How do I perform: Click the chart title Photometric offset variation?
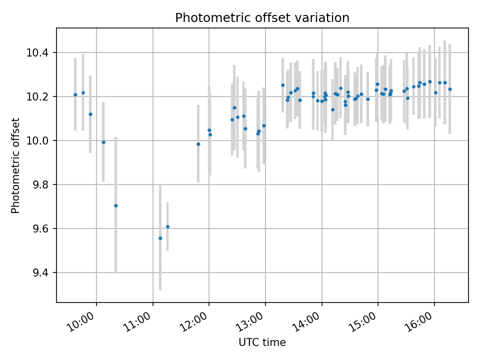pyautogui.click(x=262, y=18)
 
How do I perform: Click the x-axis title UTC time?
pyautogui.click(x=262, y=342)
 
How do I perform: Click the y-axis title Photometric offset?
pyautogui.click(x=15, y=165)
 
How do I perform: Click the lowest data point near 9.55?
pyautogui.click(x=160, y=238)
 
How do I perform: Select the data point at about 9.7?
pyautogui.click(x=115, y=205)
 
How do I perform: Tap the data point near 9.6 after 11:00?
pyautogui.click(x=167, y=226)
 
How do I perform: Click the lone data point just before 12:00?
pyautogui.click(x=198, y=144)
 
